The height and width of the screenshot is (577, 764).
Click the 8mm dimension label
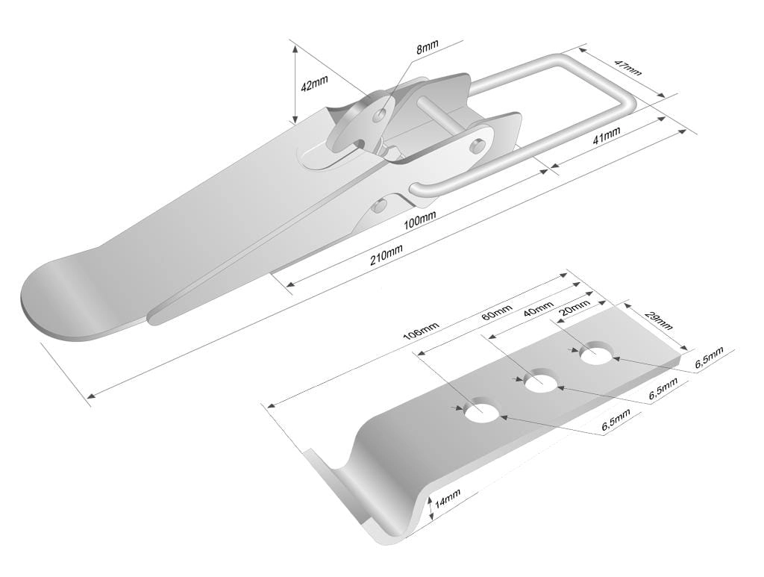[x=428, y=47]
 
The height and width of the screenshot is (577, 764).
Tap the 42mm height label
[x=314, y=84]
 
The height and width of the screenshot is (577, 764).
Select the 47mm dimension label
[x=627, y=68]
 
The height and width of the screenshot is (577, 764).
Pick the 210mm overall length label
[x=386, y=256]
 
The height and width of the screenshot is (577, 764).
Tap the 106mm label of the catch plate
[x=422, y=331]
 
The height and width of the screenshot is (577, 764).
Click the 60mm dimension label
[x=496, y=312]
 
